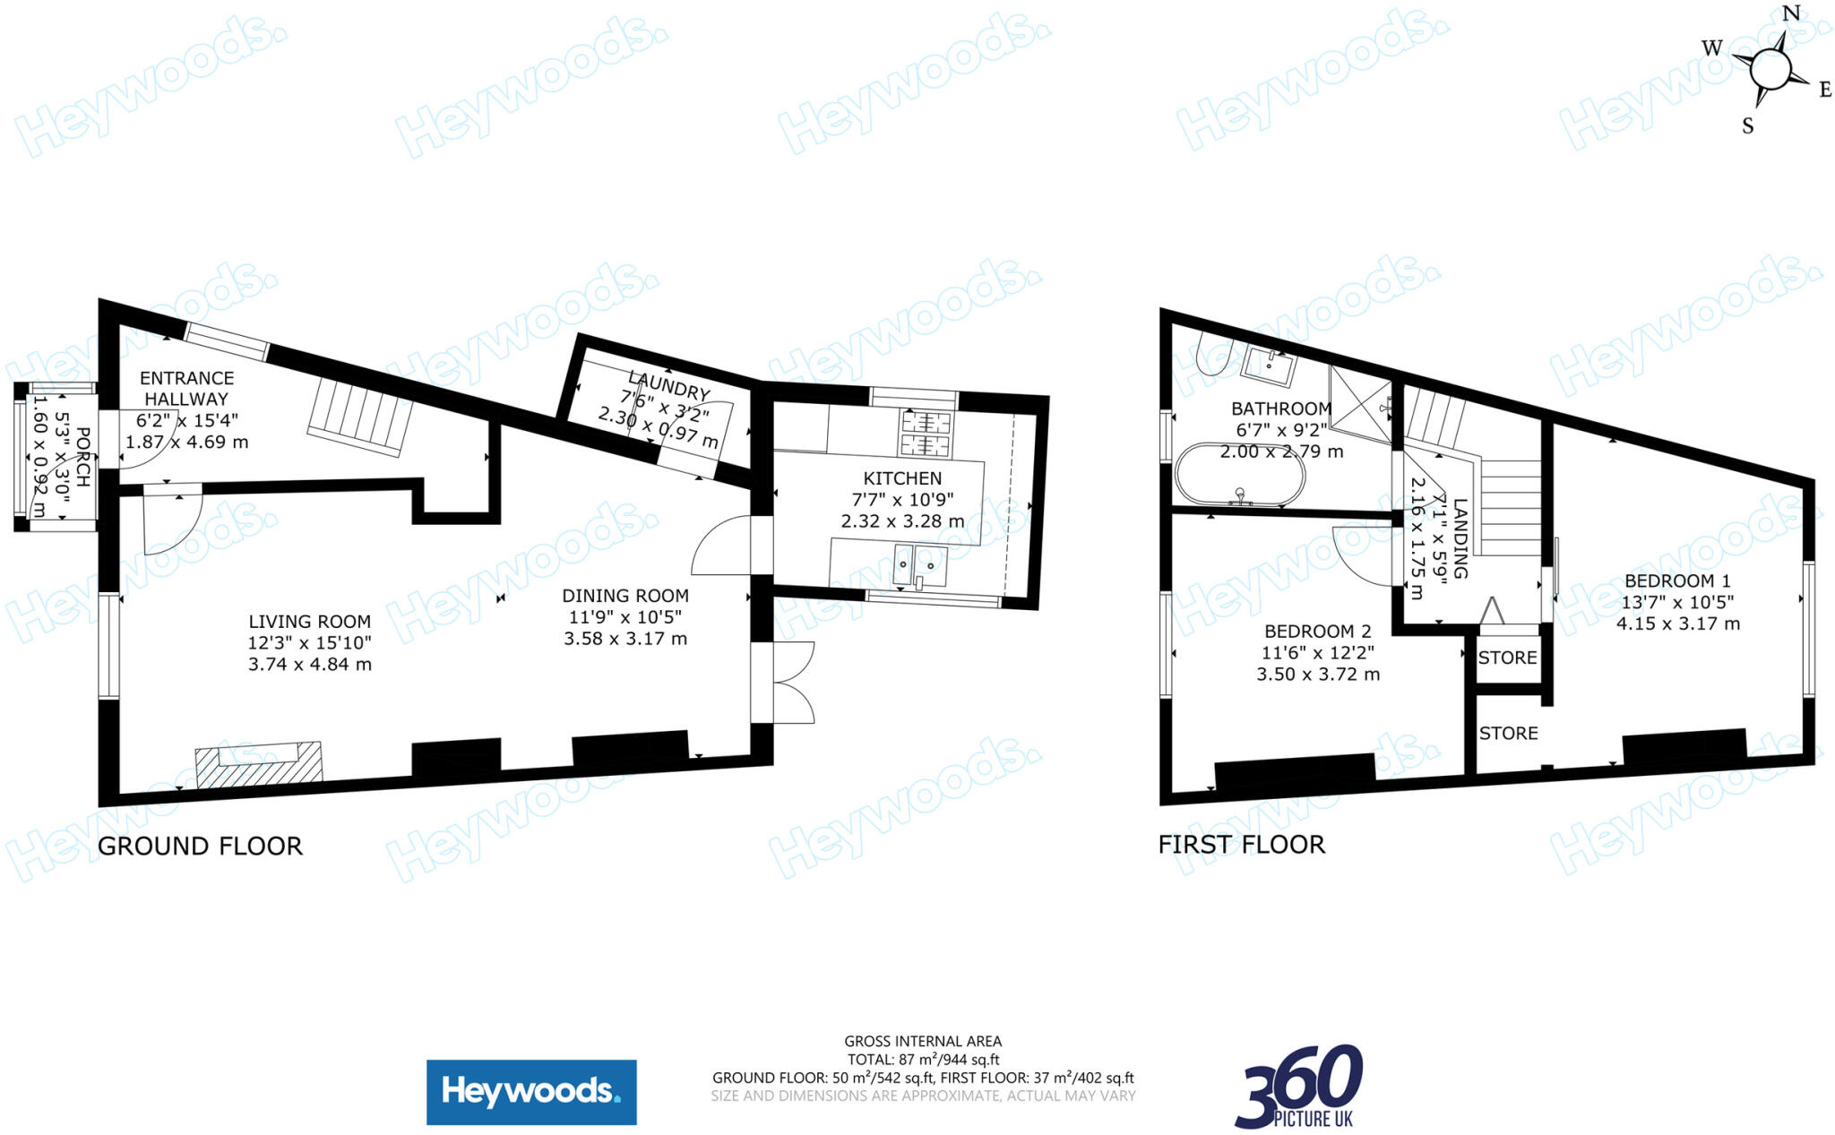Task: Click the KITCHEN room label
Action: coord(902,478)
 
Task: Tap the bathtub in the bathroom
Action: coord(1241,474)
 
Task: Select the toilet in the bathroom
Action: coord(1215,357)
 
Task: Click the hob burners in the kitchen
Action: coord(926,434)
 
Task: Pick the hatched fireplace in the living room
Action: coord(259,763)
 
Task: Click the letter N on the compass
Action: coord(1791,13)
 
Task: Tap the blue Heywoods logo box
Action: coord(531,1092)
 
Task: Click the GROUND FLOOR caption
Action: coord(200,847)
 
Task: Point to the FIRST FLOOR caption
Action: coord(1241,845)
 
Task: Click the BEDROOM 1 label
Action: coord(1677,580)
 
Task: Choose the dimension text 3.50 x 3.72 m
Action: coord(1317,675)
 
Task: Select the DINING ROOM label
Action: coord(625,596)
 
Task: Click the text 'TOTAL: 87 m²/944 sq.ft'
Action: coord(923,1060)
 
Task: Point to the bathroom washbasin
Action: coord(1270,365)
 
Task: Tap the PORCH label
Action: coord(82,457)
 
